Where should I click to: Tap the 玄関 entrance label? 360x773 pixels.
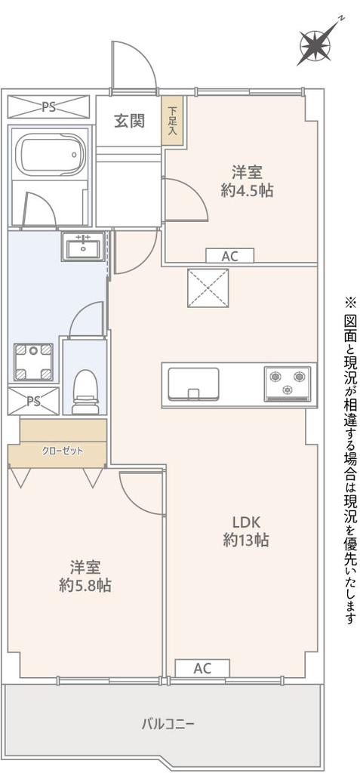[129, 121]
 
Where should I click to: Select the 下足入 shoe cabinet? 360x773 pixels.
[172, 120]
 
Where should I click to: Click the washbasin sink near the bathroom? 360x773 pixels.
[82, 247]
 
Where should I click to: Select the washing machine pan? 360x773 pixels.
[33, 362]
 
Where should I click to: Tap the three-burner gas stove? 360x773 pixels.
[287, 383]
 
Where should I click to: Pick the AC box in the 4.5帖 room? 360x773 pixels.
[229, 256]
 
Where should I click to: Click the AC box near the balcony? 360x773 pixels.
[202, 669]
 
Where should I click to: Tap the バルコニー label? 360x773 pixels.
[168, 724]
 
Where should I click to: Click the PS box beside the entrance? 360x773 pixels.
[49, 107]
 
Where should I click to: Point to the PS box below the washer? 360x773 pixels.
[33, 401]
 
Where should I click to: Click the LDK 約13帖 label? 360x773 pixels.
[246, 531]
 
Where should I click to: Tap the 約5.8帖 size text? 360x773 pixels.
[85, 585]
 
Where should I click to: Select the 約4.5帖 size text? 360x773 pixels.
[247, 191]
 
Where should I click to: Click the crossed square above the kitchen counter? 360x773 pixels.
[208, 288]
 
